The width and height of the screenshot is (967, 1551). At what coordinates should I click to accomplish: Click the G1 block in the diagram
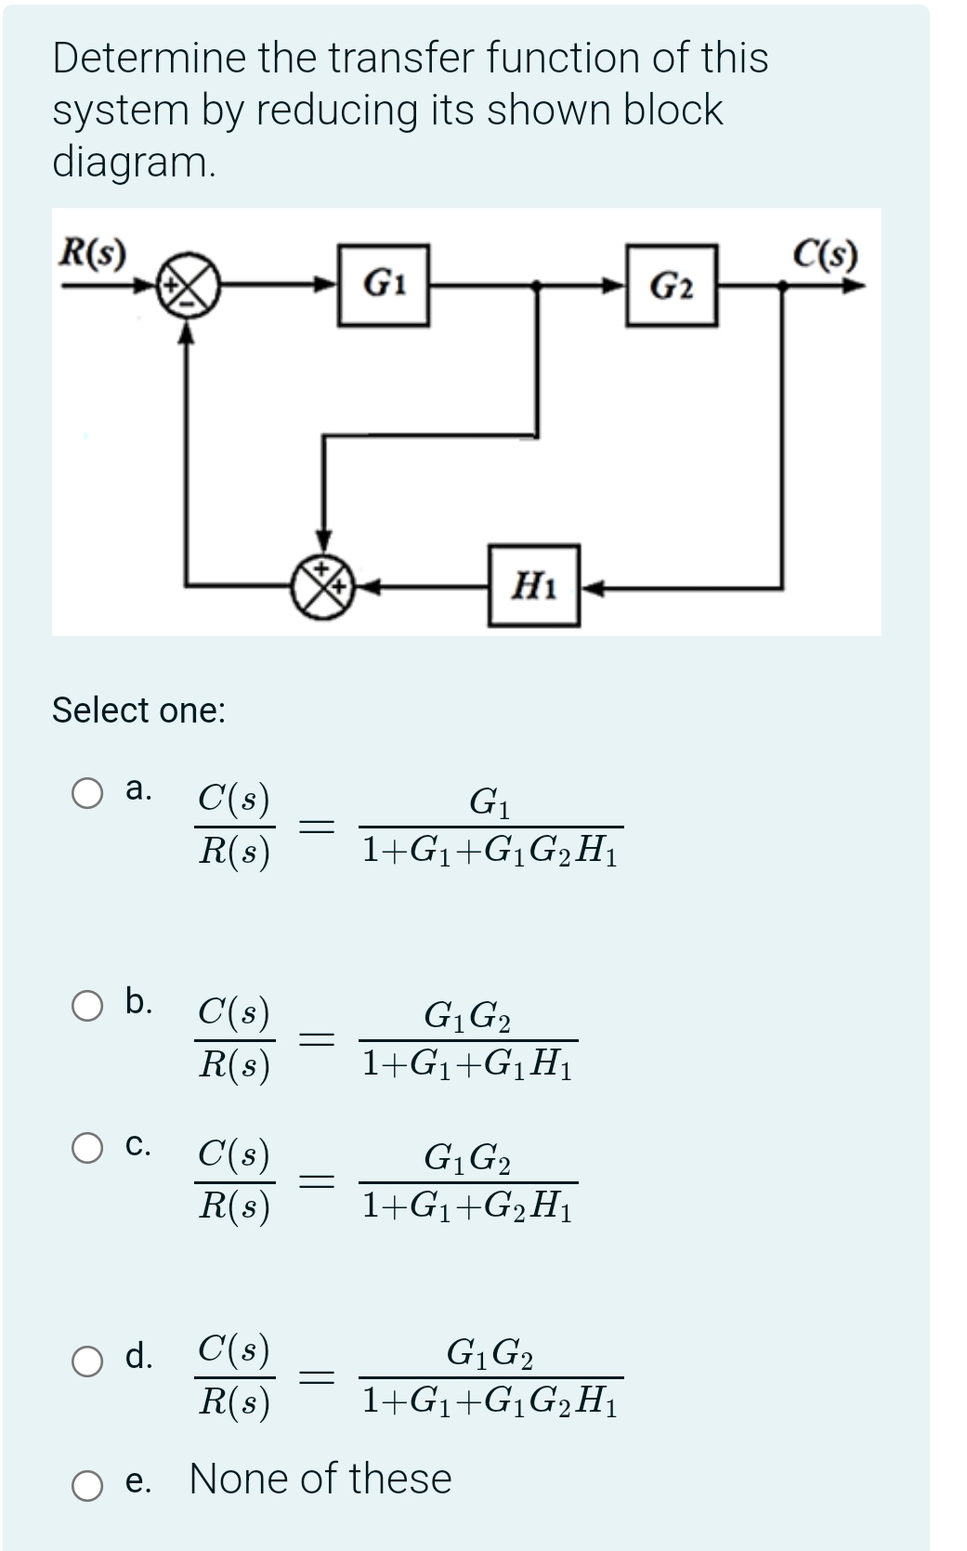click(x=383, y=285)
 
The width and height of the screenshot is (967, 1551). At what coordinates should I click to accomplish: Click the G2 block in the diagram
click(x=672, y=285)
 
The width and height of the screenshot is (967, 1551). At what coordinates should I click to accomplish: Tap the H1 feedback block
click(x=534, y=585)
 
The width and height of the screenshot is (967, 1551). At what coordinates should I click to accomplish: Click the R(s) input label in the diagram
click(x=93, y=253)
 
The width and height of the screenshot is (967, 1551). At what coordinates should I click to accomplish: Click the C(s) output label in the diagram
click(x=826, y=253)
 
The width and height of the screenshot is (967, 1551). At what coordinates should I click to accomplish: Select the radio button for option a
click(x=88, y=795)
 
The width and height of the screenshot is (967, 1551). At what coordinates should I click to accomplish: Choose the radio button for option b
click(x=88, y=1007)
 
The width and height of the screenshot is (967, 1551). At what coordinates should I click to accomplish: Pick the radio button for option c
click(x=88, y=1148)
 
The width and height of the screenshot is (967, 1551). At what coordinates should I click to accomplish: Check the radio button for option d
click(x=88, y=1361)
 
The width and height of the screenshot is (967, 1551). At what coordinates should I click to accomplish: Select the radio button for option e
click(x=88, y=1485)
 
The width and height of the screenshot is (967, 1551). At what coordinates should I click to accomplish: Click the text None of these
click(x=320, y=1479)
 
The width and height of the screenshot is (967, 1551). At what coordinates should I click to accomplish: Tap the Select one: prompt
click(x=138, y=710)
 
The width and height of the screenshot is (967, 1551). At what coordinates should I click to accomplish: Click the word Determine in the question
click(x=150, y=58)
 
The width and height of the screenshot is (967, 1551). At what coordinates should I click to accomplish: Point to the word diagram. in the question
click(x=134, y=162)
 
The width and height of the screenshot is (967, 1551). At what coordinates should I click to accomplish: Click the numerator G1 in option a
click(x=490, y=802)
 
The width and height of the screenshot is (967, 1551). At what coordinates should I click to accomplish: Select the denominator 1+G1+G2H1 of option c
click(x=467, y=1206)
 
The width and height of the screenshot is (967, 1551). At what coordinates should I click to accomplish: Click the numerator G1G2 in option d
click(x=490, y=1352)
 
